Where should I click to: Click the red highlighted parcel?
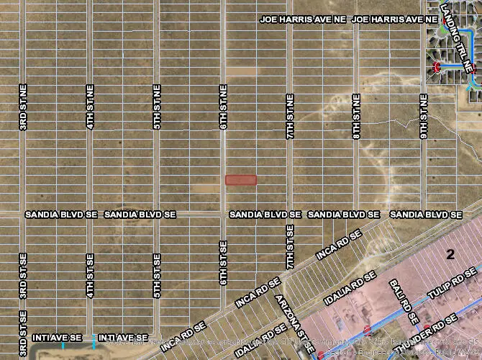(x=241, y=180)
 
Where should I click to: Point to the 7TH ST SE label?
(x=290, y=247)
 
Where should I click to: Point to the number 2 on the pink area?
(x=450, y=253)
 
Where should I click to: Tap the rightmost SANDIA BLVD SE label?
(x=425, y=215)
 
